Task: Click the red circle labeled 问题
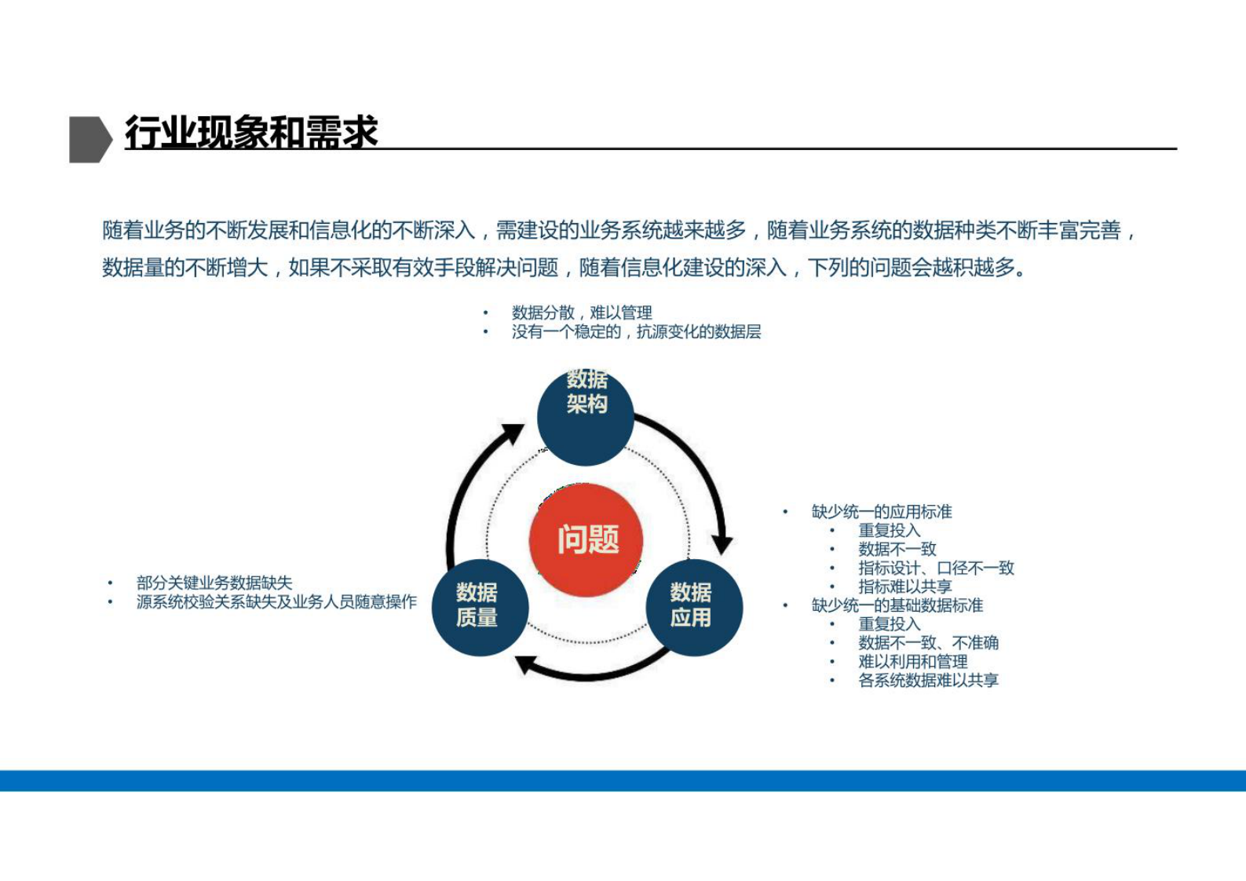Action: [586, 540]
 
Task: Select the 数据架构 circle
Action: [586, 416]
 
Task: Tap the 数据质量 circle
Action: [480, 607]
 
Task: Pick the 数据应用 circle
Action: [694, 607]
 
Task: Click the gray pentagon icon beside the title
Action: [90, 139]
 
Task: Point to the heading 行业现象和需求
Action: [251, 132]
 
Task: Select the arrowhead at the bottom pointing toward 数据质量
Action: [527, 664]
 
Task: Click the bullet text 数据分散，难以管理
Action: [582, 313]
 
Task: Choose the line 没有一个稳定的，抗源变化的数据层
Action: [636, 332]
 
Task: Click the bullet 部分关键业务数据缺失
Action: [214, 583]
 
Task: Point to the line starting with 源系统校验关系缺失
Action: [276, 602]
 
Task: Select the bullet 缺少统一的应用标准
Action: [882, 512]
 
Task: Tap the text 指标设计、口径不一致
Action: [936, 568]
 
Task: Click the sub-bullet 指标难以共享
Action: [904, 587]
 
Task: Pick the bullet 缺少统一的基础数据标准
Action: [897, 605]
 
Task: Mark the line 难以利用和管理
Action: [912, 662]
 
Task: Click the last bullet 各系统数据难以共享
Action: [928, 681]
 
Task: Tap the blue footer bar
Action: [623, 780]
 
